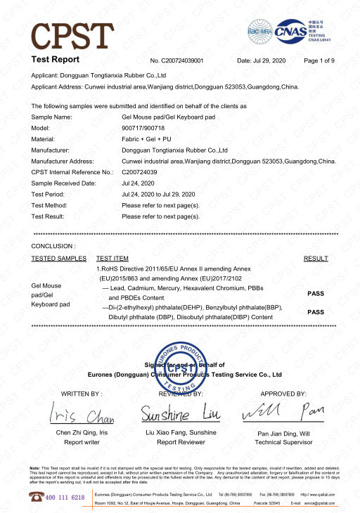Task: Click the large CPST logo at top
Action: click(x=73, y=32)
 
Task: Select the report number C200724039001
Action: click(x=182, y=60)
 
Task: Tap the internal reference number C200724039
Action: click(x=139, y=171)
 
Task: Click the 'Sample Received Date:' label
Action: click(x=64, y=183)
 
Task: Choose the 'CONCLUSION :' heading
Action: click(x=53, y=247)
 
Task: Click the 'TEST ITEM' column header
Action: click(x=112, y=259)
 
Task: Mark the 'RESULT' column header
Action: click(x=316, y=259)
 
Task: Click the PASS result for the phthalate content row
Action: click(x=316, y=311)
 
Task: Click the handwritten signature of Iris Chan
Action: click(x=77, y=412)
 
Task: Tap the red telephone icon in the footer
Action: click(x=36, y=496)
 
